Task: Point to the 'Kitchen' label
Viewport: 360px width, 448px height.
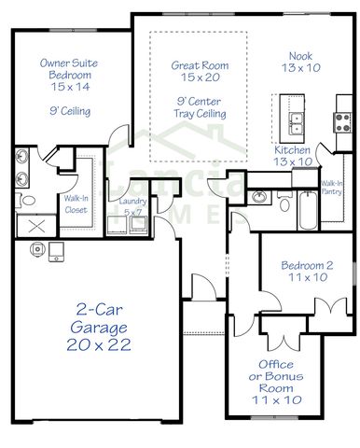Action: coord(293,149)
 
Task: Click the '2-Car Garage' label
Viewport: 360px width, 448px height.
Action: coord(100,319)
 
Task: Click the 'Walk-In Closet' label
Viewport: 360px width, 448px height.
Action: coord(76,204)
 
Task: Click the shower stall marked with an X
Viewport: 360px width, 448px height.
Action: coord(35,225)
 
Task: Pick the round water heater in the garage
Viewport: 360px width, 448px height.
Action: coord(38,247)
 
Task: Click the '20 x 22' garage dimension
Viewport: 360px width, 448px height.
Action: coord(100,344)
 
